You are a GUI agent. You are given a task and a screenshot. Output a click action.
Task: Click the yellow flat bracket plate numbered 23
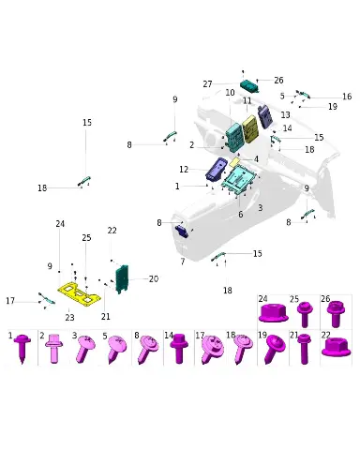coord(79,293)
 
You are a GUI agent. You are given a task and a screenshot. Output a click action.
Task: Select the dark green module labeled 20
coord(122,278)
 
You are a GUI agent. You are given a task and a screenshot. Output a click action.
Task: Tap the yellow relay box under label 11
coord(250,129)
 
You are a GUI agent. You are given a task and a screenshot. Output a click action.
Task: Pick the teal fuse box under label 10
coord(234,137)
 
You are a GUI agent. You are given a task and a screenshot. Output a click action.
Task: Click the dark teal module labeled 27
coord(249,85)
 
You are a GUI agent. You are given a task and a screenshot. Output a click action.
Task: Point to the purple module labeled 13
coord(265,116)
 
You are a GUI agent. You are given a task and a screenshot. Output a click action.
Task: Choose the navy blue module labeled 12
coord(216,169)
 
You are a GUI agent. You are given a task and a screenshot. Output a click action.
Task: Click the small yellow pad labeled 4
coord(234,162)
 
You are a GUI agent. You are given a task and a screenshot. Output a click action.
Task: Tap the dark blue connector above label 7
coord(182,232)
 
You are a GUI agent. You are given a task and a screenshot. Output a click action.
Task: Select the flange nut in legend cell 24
coord(273,313)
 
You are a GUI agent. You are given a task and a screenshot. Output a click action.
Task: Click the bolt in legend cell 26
coord(336,313)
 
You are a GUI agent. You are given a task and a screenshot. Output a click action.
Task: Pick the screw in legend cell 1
coord(22,348)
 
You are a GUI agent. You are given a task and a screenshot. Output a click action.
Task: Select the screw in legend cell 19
coord(274,349)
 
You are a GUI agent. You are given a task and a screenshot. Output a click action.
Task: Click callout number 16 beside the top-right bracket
coord(347,97)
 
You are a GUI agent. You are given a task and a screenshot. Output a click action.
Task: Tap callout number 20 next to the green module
coord(154,278)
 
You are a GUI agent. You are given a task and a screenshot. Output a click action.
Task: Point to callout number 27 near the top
coord(207,84)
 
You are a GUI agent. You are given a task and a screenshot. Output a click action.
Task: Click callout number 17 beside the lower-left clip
coord(10,301)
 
